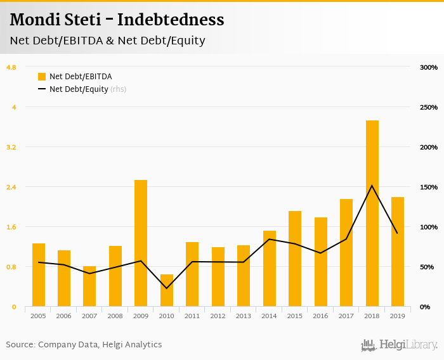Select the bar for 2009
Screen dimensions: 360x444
click(x=141, y=243)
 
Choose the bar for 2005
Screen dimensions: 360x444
click(x=39, y=275)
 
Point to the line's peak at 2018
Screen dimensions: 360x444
click(x=372, y=186)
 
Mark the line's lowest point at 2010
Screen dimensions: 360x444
click(x=167, y=288)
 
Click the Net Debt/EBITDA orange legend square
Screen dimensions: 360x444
click(x=42, y=77)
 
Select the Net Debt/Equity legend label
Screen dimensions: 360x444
click(x=79, y=89)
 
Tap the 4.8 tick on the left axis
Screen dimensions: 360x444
click(x=11, y=67)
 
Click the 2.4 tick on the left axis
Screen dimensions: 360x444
click(x=11, y=187)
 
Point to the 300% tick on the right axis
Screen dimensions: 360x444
click(x=429, y=67)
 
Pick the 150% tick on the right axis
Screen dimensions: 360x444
click(x=429, y=187)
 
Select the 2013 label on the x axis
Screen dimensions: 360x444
click(x=244, y=316)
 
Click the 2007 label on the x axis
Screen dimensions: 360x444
click(x=89, y=316)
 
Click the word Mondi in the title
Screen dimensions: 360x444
click(x=30, y=20)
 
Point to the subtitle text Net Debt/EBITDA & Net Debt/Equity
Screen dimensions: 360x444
click(x=107, y=41)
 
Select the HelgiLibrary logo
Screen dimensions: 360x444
click(x=399, y=345)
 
